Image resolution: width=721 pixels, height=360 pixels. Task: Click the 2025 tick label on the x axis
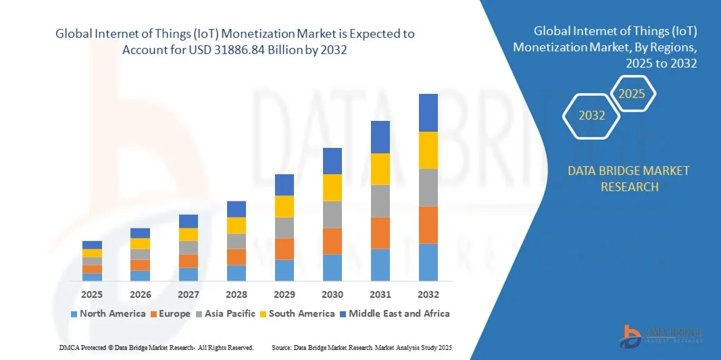point(92,294)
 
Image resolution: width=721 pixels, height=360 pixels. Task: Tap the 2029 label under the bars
point(284,294)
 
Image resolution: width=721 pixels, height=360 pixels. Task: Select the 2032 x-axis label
point(428,294)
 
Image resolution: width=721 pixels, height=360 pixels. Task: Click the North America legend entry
point(108,313)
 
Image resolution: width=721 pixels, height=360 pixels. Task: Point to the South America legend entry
point(297,313)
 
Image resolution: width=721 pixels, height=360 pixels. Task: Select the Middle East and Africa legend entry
point(395,313)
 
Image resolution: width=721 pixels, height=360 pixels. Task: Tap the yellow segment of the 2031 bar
point(380,169)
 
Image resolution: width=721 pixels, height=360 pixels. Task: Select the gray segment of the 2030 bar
point(332,215)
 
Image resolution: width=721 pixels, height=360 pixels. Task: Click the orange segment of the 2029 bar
point(284,249)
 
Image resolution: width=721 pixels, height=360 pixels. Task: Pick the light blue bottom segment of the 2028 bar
point(237,273)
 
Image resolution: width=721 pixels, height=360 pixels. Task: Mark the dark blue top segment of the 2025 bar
point(92,245)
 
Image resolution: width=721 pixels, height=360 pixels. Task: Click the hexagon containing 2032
point(592,115)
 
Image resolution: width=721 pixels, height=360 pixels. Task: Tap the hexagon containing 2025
point(632,94)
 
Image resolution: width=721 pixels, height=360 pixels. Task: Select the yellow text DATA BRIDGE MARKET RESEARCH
point(629,178)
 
